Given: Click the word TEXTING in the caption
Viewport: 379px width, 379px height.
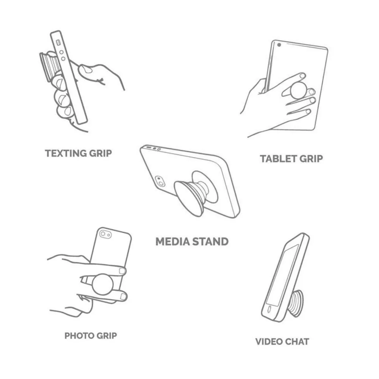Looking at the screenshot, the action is pos(66,153).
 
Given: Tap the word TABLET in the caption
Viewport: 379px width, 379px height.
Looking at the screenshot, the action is pos(278,159).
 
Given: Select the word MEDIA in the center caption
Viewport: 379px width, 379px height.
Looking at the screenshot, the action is pos(172,242).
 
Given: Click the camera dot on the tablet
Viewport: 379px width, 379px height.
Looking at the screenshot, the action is pos(279,45).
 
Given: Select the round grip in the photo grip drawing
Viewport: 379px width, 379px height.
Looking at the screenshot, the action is pos(102,284).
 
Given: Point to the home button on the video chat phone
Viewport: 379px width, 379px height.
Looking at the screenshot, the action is pos(270,309).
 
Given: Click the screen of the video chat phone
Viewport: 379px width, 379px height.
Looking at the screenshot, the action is pos(282,276).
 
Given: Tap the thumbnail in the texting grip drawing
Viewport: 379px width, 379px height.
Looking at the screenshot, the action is pos(86,69).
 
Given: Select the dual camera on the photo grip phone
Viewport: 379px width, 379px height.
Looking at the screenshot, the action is pos(106,234).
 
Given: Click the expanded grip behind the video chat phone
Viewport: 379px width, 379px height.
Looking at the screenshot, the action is pos(296,303).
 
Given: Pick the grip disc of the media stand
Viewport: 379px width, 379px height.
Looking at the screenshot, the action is pos(188,198).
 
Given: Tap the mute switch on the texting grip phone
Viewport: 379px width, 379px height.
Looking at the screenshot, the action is pos(58,42).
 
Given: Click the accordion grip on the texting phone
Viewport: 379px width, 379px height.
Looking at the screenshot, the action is pos(50,66).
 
